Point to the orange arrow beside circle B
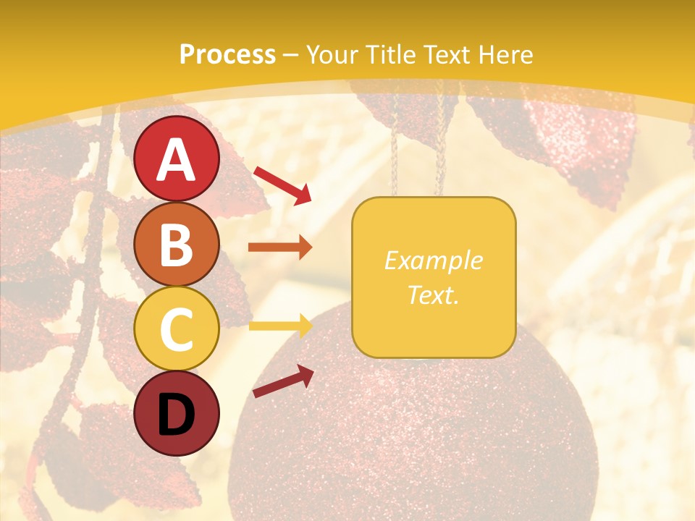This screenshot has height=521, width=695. click(280, 247)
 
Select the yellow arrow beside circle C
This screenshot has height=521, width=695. click(280, 326)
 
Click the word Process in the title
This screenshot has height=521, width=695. click(227, 55)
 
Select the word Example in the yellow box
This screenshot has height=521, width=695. click(433, 261)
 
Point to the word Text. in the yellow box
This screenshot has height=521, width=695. click(433, 295)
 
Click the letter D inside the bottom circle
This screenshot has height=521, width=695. click(177, 415)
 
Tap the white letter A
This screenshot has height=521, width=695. click(177, 160)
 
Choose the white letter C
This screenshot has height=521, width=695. click(177, 329)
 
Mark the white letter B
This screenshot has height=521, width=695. click(177, 245)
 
